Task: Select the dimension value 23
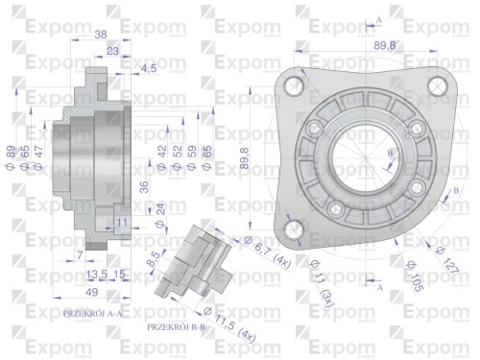113,51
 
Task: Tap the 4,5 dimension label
149,68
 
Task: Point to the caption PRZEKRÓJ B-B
179,327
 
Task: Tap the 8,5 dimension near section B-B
156,258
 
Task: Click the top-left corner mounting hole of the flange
294,87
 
